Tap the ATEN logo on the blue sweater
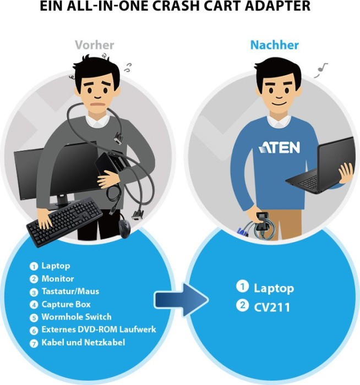[x=279, y=147]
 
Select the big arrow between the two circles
[x=181, y=300]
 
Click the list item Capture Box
[x=66, y=304]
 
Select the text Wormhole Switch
[x=77, y=317]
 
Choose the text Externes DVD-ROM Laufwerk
[x=99, y=329]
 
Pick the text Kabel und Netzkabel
[x=83, y=342]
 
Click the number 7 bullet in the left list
[x=34, y=343]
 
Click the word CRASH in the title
[x=178, y=7]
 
